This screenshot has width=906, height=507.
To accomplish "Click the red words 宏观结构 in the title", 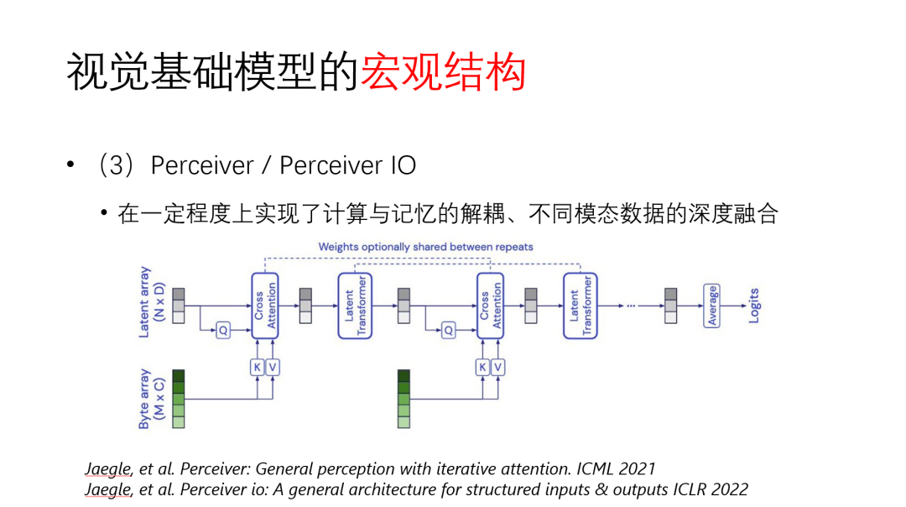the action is click(443, 73).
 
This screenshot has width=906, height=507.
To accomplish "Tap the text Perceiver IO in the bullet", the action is click(348, 165).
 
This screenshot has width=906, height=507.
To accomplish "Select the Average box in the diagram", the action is click(712, 306).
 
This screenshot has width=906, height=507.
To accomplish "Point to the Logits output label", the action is click(753, 306).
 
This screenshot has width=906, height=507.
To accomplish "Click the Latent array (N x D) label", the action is click(152, 302).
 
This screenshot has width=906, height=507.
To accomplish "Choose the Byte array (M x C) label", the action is click(152, 399).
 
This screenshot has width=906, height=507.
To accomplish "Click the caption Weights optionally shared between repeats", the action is click(425, 247).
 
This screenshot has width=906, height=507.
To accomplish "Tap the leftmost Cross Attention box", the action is click(264, 306).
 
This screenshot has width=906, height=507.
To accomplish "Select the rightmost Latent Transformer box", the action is click(579, 306).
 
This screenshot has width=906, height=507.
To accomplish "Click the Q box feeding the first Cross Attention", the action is click(223, 331).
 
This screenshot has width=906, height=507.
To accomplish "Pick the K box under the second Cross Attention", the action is click(482, 367).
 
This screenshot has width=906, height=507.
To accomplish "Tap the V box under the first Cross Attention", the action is click(273, 367).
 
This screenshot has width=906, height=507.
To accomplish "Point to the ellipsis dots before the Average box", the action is click(638, 306).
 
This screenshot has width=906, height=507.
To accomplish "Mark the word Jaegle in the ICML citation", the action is click(108, 468).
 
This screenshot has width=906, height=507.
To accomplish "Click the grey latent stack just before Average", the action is click(670, 306).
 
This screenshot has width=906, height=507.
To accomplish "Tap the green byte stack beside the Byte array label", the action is click(178, 399).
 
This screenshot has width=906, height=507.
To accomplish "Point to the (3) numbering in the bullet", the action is click(117, 165).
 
